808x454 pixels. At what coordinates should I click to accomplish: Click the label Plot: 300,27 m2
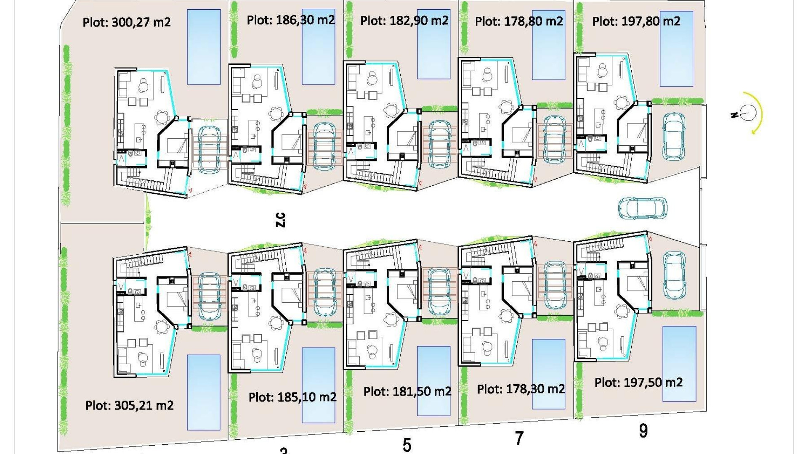tap(127, 22)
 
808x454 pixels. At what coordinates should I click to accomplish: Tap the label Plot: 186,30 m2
tap(291, 20)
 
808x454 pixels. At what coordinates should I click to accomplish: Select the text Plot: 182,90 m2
tap(404, 20)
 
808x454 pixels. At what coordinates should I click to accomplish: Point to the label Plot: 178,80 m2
tap(519, 21)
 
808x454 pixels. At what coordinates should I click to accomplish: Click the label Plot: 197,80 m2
tap(636, 21)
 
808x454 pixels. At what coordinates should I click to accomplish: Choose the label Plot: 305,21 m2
tap(129, 405)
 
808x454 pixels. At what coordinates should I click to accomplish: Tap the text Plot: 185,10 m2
tap(292, 397)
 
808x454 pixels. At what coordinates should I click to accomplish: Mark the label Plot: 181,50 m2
tap(407, 391)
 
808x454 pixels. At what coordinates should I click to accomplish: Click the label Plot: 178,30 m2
tap(521, 389)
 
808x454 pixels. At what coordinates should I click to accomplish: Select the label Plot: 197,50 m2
tap(638, 383)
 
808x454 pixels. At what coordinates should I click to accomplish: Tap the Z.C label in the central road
tap(280, 219)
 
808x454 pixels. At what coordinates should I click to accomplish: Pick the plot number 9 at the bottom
tap(643, 431)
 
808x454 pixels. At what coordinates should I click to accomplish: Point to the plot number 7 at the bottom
tap(519, 438)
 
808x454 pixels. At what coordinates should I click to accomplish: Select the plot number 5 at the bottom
tap(407, 445)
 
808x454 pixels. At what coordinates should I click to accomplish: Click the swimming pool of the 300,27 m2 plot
tap(204, 47)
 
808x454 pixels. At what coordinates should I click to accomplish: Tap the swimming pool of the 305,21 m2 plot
tap(204, 392)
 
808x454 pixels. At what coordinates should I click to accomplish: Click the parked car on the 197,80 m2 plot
tap(674, 137)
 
